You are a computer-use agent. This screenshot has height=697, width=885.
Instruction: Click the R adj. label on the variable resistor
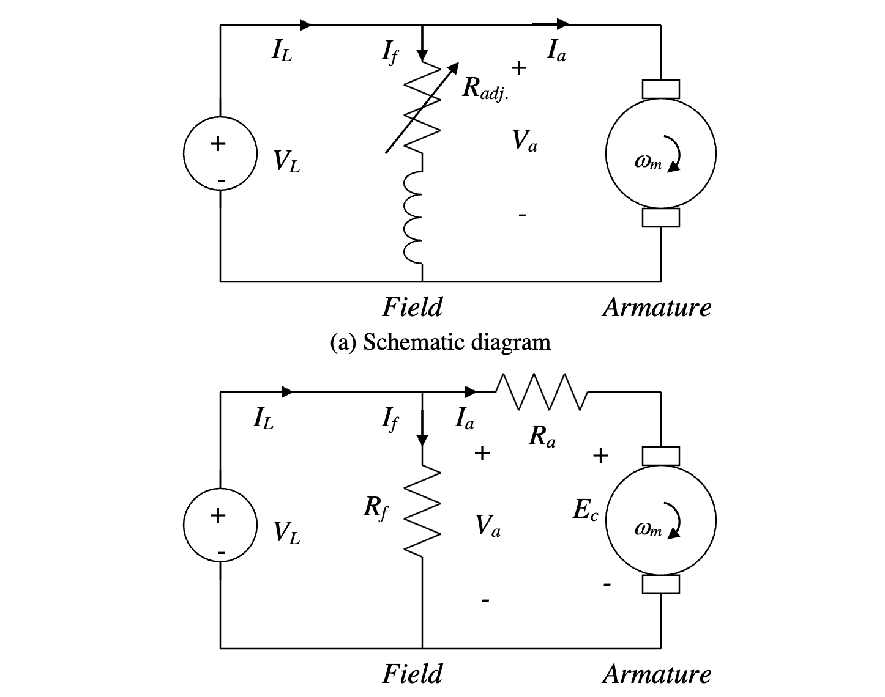pyautogui.click(x=485, y=89)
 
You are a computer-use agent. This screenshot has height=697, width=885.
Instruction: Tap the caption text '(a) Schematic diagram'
pyautogui.click(x=440, y=342)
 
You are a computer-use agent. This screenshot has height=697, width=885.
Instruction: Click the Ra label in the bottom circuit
pyautogui.click(x=542, y=436)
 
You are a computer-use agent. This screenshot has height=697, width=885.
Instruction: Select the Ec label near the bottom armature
pyautogui.click(x=584, y=511)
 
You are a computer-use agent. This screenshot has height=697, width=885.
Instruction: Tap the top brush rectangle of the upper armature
pyautogui.click(x=660, y=89)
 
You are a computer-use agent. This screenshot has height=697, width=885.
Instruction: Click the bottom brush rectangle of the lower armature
pyautogui.click(x=660, y=585)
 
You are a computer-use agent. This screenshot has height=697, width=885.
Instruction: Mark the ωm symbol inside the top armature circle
pyautogui.click(x=649, y=162)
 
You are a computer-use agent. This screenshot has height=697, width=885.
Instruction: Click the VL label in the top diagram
pyautogui.click(x=286, y=161)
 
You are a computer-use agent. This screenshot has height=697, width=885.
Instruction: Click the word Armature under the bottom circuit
pyautogui.click(x=657, y=674)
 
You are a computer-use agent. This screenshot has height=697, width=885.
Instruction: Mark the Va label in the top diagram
pyautogui.click(x=525, y=141)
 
